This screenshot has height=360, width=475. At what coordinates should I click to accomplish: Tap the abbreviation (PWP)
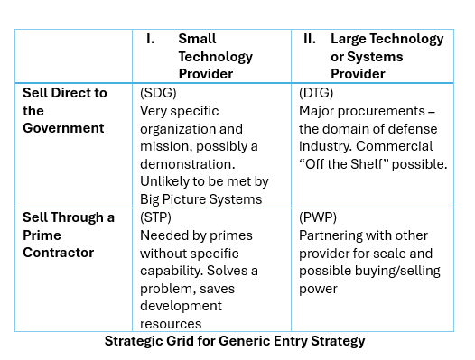coord(317,217)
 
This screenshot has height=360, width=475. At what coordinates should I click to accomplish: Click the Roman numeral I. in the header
coord(151,39)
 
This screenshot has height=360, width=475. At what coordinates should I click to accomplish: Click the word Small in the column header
coord(197,39)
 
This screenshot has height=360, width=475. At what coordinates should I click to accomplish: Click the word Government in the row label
coord(63,128)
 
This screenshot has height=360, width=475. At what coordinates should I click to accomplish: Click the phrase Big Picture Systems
coord(200,199)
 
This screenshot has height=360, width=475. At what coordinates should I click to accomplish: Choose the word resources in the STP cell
coord(172,324)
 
